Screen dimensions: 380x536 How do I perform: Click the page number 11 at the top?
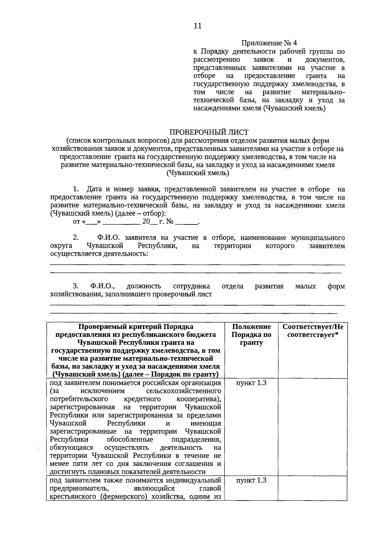[x=197, y=26]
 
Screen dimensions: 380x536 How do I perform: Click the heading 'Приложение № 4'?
[x=269, y=43]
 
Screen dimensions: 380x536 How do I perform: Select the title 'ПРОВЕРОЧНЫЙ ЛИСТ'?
[x=209, y=132]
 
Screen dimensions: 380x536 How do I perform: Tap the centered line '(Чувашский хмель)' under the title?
[x=198, y=173]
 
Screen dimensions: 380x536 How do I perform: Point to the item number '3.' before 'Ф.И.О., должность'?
[x=75, y=286]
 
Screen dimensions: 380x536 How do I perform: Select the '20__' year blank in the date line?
[x=149, y=222]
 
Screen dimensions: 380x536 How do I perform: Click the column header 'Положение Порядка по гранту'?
[x=251, y=335]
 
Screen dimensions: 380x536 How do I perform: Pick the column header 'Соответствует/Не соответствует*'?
[x=313, y=331]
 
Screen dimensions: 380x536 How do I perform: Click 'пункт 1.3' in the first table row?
[x=251, y=383]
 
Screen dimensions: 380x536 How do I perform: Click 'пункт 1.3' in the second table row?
[x=251, y=480]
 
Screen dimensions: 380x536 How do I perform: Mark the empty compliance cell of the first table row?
[x=313, y=427]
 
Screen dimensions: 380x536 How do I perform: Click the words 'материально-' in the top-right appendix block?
[x=323, y=92]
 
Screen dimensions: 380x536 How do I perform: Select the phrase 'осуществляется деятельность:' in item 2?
[x=99, y=254]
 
